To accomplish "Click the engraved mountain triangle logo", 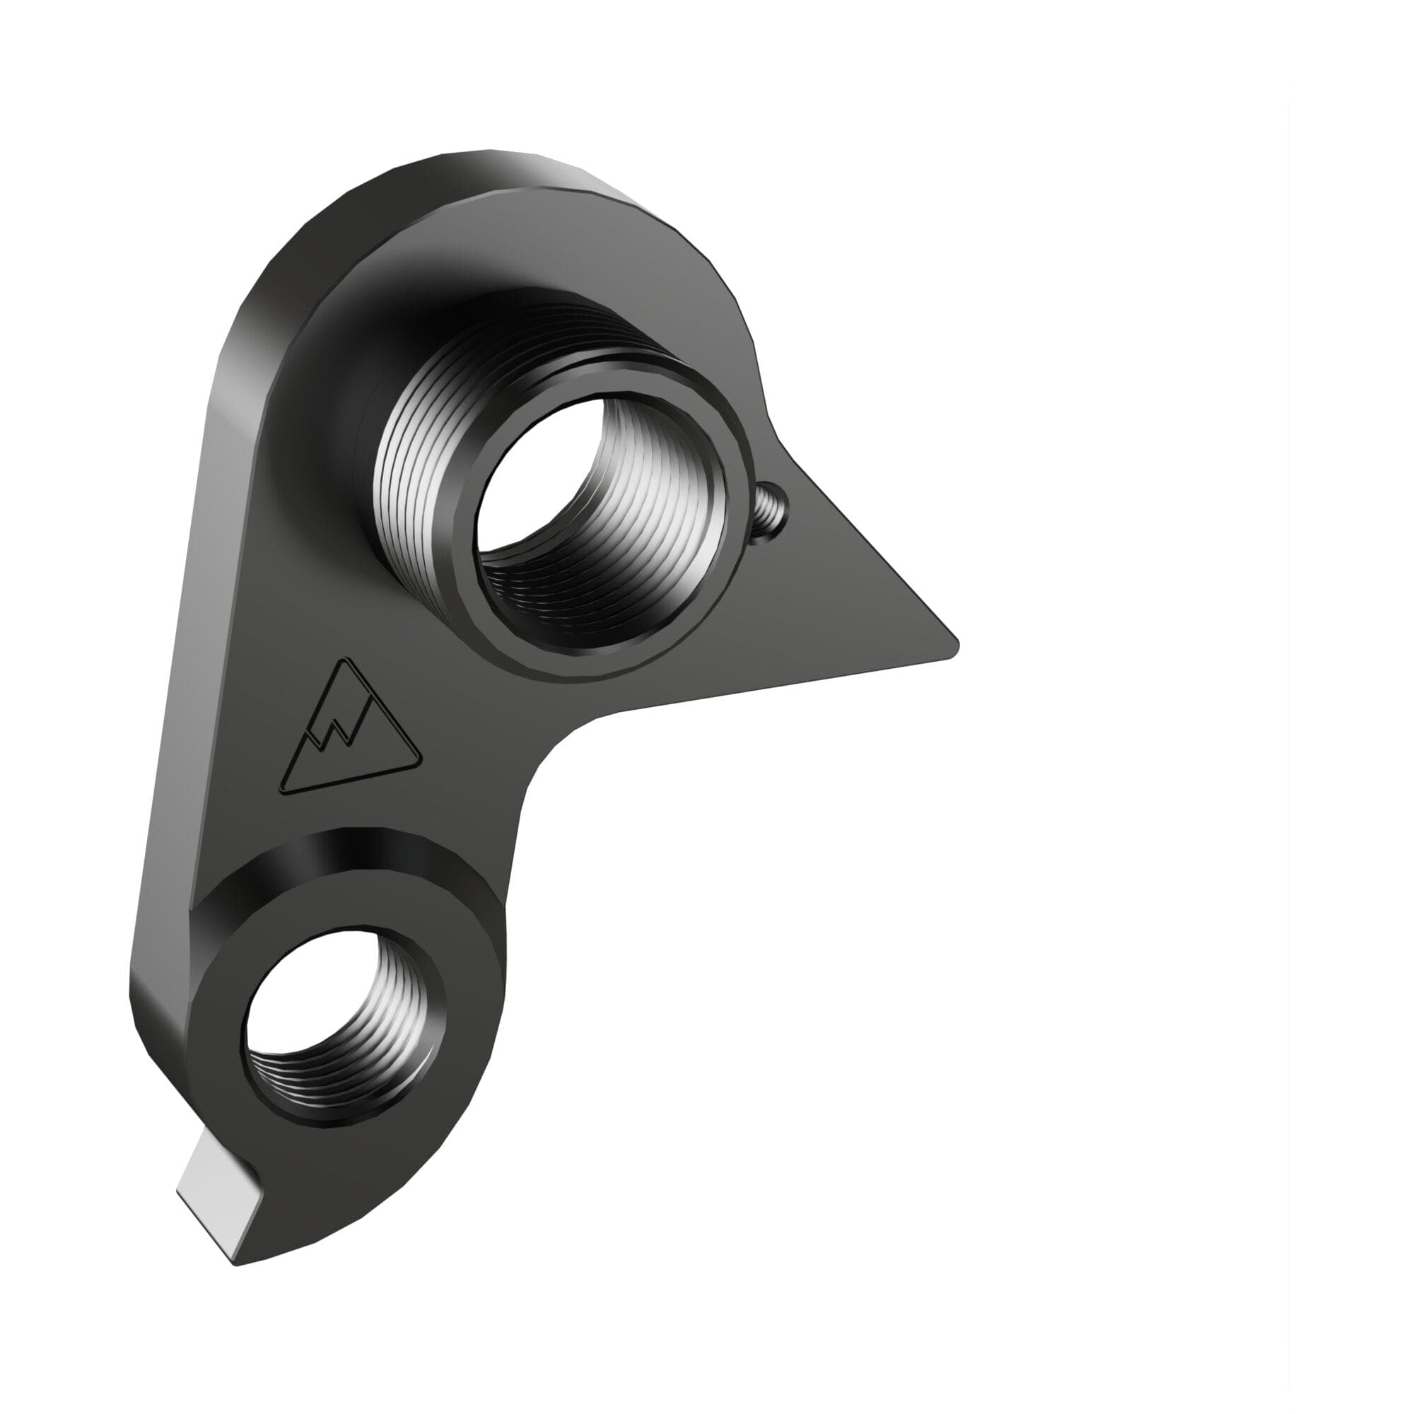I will pyautogui.click(x=351, y=732).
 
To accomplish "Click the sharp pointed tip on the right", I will pyautogui.click(x=952, y=644).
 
